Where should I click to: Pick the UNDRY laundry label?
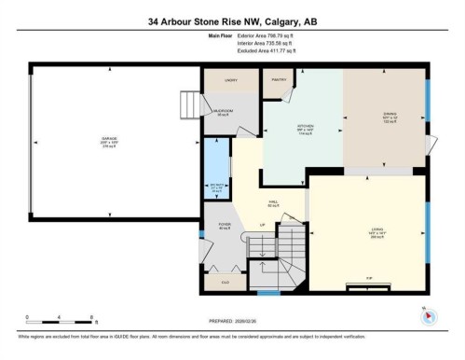click(x=231, y=81)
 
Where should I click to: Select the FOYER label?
click(x=224, y=225)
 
